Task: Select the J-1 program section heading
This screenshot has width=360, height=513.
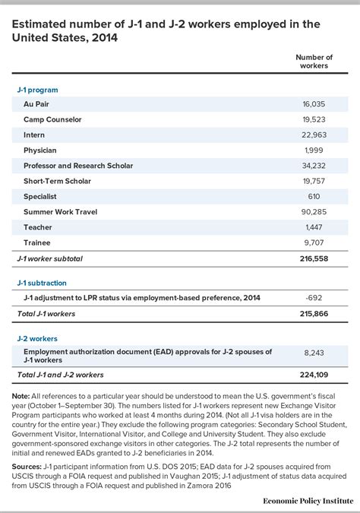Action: [x=37, y=90]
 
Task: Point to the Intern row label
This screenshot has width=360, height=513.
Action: [x=35, y=134]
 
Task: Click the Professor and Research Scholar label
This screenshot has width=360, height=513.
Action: [x=78, y=166]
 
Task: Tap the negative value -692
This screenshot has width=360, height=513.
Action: [x=323, y=298]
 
